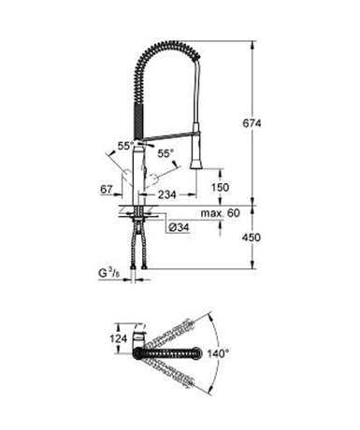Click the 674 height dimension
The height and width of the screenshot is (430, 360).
click(252, 123)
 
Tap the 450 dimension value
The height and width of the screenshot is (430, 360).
click(252, 237)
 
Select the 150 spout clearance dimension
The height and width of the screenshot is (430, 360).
click(220, 187)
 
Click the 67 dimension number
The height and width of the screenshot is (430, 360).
click(107, 189)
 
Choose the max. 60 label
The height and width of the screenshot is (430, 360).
click(221, 213)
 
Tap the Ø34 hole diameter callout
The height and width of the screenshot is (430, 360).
click(179, 228)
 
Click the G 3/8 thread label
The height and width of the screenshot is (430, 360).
click(109, 274)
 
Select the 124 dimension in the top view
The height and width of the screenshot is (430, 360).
click(119, 338)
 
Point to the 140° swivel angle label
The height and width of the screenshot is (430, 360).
click(218, 353)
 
